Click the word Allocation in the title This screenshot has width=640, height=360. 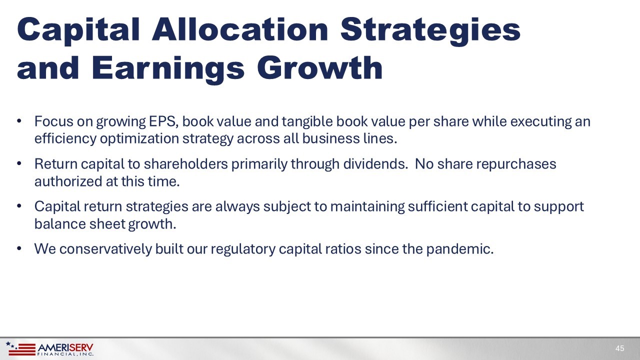pyautogui.click(x=240, y=29)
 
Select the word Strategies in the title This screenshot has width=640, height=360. pyautogui.click(x=430, y=31)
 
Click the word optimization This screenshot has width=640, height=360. pyautogui.click(x=139, y=139)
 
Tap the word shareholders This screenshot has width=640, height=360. pyautogui.click(x=185, y=164)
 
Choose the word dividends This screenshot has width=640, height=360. pyautogui.click(x=375, y=164)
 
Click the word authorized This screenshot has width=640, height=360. pyautogui.click(x=68, y=181)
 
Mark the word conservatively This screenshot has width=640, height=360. pyautogui.click(x=105, y=249)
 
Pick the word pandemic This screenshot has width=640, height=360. pyautogui.click(x=460, y=249)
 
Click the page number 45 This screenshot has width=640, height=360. pyautogui.click(x=619, y=348)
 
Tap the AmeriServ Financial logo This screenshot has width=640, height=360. pyautogui.click(x=49, y=348)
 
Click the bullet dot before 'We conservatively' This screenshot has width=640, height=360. pyautogui.click(x=19, y=248)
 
